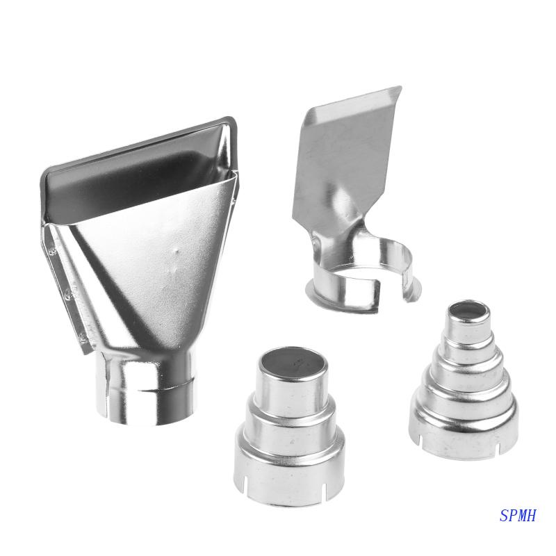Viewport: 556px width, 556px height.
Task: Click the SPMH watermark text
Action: pyautogui.click(x=518, y=516)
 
